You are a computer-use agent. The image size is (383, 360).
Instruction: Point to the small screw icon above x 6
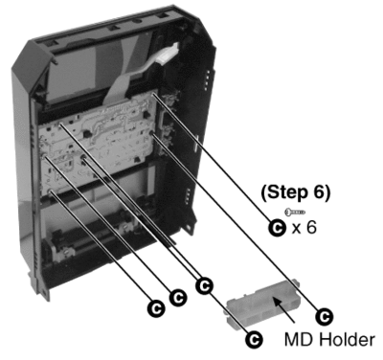[295, 212]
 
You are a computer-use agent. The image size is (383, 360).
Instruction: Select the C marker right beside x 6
[277, 228]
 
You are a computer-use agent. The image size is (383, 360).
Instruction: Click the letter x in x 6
[297, 229]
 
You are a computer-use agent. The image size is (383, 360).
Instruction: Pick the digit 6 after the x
[311, 227]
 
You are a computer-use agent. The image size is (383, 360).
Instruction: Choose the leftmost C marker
[156, 308]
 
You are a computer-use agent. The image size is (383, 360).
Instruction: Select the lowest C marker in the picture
[254, 340]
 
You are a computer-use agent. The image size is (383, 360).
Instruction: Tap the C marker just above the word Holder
[325, 317]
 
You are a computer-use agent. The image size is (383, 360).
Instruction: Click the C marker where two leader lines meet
[204, 285]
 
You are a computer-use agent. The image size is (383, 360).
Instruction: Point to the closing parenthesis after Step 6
[327, 193]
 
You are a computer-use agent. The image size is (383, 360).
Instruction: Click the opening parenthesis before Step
[264, 193]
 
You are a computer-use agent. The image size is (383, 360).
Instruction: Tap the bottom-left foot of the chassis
[45, 291]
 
